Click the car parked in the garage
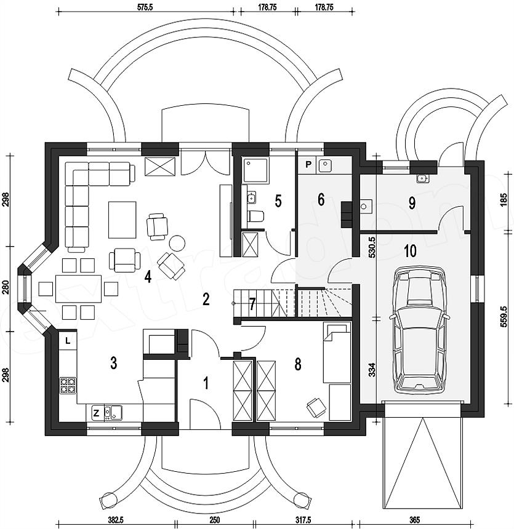[x=419, y=330]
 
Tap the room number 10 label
[x=410, y=251]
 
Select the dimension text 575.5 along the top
[x=145, y=7]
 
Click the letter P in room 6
[x=308, y=165]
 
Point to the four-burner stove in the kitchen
[x=68, y=386]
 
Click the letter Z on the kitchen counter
[x=96, y=413]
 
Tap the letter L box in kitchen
[x=68, y=341]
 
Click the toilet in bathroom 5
[x=255, y=217]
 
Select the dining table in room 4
[x=79, y=288]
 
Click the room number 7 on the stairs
[x=252, y=304]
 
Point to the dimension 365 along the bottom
[x=414, y=520]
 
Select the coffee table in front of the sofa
[x=122, y=220]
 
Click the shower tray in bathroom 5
[x=256, y=171]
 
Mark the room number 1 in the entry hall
[x=206, y=384]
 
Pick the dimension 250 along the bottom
[x=215, y=520]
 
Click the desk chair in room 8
[x=315, y=407]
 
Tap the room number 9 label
[x=412, y=203]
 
